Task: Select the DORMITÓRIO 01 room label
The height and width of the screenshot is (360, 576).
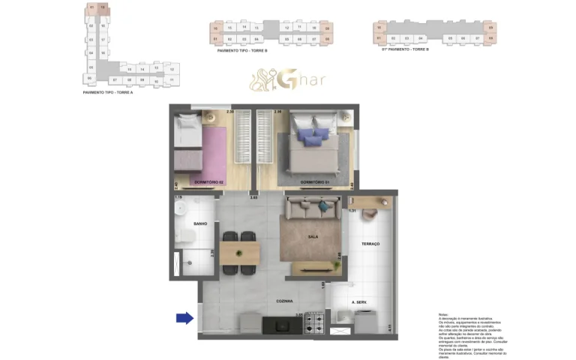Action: [x=316, y=182]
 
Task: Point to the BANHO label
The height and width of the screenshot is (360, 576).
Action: [x=200, y=224]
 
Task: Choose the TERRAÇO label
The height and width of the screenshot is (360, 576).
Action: [x=370, y=244]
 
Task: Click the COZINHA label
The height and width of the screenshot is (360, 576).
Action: [x=283, y=300]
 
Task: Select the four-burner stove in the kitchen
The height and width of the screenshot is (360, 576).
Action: [x=314, y=325]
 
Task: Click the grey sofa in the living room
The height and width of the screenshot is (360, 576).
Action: [x=311, y=206]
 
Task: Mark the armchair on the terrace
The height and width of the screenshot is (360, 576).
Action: [x=370, y=213]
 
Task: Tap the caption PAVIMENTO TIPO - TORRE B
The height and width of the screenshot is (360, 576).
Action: [x=241, y=49]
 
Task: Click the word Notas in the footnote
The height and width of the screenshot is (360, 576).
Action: [x=442, y=313]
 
